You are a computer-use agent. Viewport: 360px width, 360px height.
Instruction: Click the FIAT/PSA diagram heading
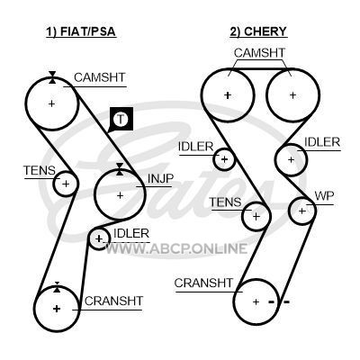click(81, 31)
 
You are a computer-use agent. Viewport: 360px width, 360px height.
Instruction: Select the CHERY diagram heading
click(258, 31)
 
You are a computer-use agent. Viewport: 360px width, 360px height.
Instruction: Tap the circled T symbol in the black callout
click(121, 119)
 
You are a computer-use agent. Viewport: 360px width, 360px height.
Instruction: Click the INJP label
click(160, 179)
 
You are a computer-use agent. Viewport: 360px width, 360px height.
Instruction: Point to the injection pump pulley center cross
click(120, 195)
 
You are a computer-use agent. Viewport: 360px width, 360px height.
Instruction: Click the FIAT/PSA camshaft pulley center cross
click(51, 103)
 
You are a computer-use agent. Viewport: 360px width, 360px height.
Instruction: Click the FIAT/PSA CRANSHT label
click(113, 301)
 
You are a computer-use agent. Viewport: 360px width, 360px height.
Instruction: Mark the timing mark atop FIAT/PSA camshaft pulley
click(52, 77)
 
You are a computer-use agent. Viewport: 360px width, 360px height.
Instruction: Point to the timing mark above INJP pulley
click(120, 169)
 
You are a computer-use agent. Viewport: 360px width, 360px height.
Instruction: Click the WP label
click(324, 195)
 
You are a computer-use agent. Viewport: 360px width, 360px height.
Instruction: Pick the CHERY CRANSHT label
click(203, 283)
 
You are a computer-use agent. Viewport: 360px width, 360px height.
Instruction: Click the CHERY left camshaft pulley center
click(228, 95)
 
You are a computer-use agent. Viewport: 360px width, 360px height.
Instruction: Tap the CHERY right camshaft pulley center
click(292, 95)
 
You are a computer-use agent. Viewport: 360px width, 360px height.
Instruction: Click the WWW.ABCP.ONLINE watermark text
click(176, 248)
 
